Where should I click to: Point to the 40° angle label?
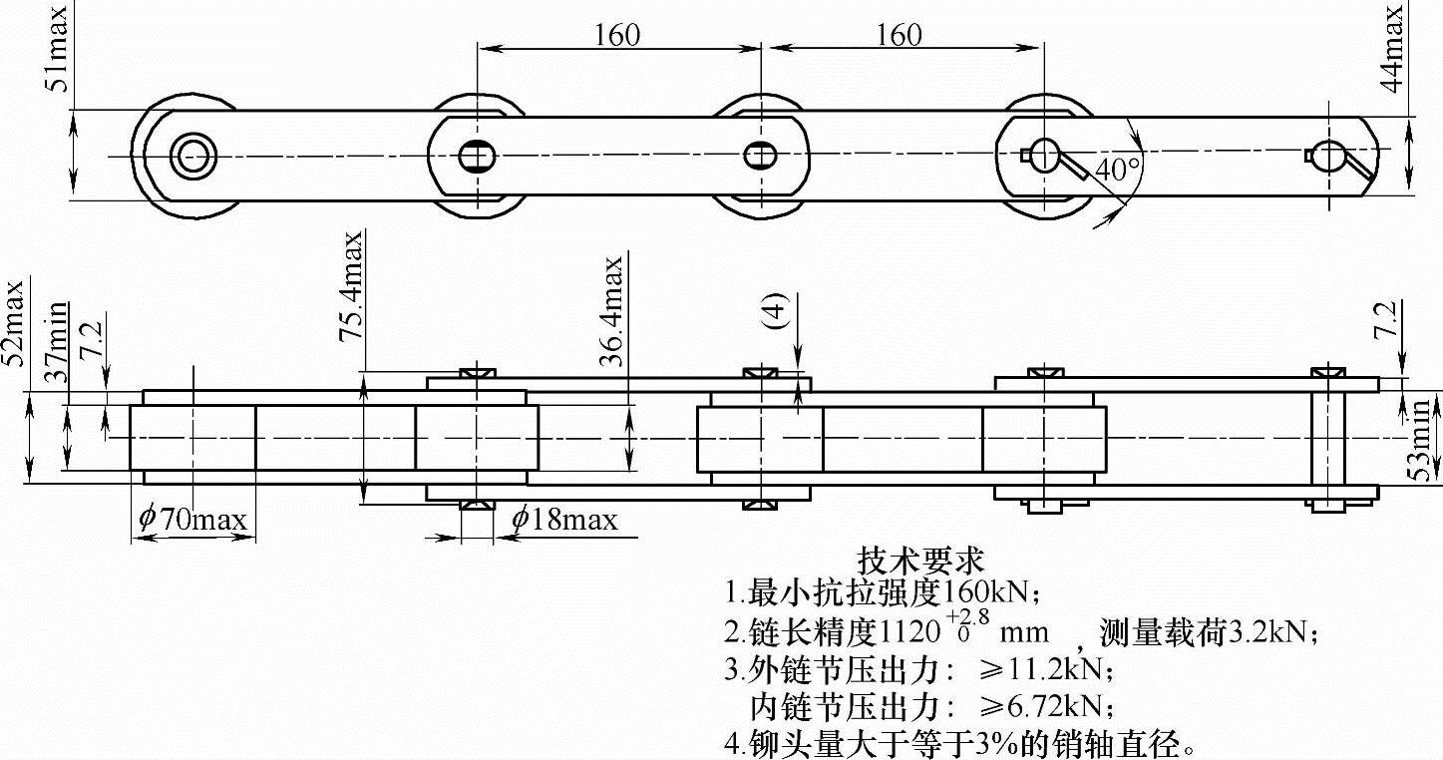tap(1118, 170)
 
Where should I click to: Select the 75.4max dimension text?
tap(351, 287)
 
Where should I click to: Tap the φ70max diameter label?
tap(192, 519)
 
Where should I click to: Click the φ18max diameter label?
tap(563, 519)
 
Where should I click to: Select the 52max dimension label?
tap(13, 323)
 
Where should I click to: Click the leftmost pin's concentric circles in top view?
tap(190, 155)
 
